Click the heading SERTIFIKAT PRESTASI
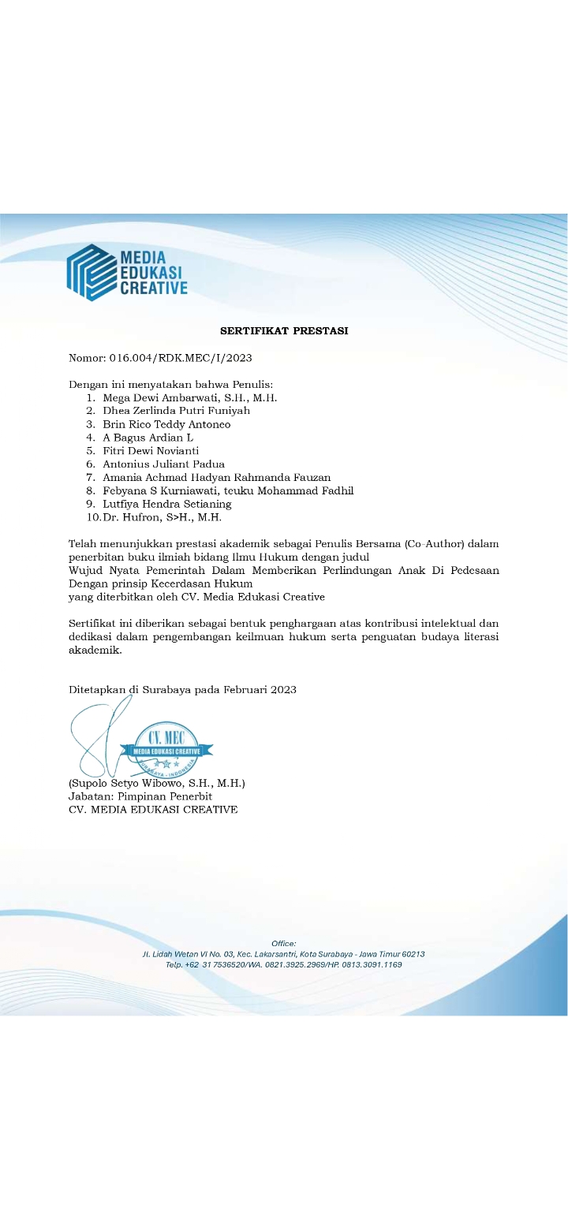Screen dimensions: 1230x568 point(284,331)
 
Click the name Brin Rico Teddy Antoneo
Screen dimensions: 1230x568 point(166,424)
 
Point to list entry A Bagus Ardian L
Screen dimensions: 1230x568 point(148,438)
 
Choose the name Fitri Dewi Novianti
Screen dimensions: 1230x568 point(151,451)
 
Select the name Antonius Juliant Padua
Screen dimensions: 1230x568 point(163,464)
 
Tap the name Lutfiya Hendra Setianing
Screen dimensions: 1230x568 point(167,504)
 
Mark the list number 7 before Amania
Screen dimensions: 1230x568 point(91,478)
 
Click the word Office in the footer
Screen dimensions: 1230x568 point(283,944)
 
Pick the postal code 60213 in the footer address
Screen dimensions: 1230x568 point(413,954)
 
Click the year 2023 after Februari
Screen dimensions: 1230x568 point(283,690)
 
